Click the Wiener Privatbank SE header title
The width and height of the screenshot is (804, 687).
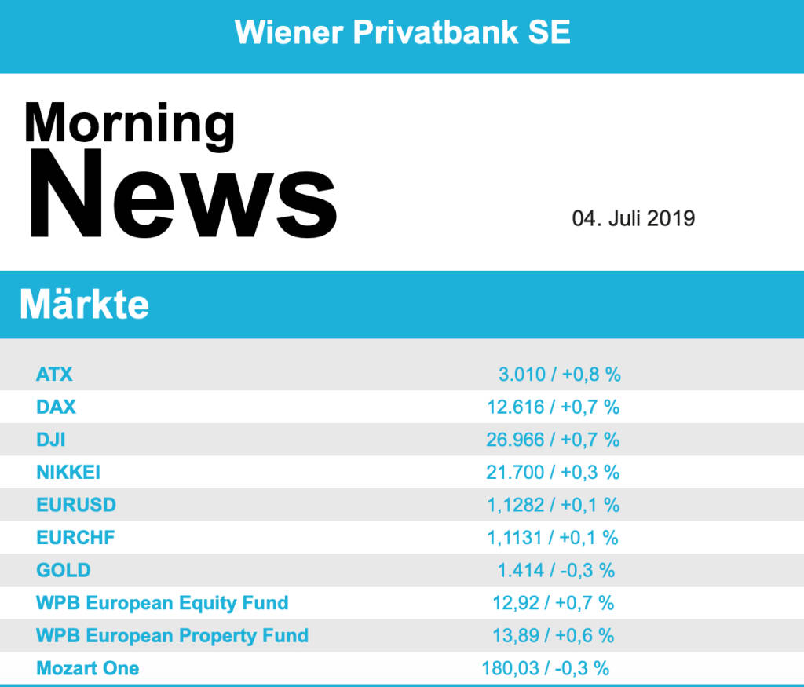(402, 33)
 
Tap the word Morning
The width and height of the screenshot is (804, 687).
(130, 123)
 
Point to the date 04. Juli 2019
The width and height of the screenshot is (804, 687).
(633, 218)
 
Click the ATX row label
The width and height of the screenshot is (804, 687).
(54, 375)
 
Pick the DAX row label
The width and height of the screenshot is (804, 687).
(56, 407)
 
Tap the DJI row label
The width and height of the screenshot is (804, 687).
(50, 440)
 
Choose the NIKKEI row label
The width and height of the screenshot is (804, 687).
(68, 473)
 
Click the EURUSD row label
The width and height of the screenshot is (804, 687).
(76, 505)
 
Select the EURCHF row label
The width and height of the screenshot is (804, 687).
(75, 538)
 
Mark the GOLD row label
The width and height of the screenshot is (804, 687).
(63, 570)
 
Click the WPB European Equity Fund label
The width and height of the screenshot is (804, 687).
(163, 603)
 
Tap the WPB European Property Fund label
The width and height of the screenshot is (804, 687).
(172, 635)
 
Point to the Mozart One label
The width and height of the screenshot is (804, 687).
(88, 668)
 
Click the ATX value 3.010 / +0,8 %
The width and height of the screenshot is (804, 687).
(559, 375)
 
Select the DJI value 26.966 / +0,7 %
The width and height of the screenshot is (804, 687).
(553, 440)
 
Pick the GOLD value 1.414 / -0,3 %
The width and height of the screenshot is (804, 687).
(556, 570)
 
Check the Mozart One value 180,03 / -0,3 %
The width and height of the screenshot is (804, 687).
(546, 668)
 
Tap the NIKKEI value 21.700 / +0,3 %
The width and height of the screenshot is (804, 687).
(553, 473)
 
